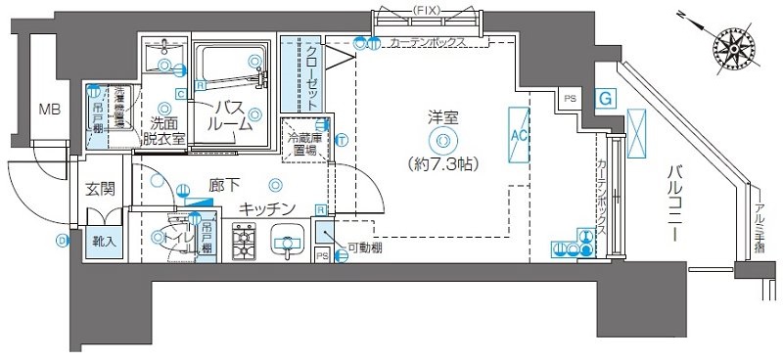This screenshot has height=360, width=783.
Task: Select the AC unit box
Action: (518, 135)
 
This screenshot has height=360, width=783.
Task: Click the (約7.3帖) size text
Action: (443, 163)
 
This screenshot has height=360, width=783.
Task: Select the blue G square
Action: (606, 99)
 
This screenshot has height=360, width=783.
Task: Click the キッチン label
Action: (266, 208)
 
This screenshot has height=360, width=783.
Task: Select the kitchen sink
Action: (288, 241)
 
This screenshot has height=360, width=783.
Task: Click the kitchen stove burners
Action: (245, 242)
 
